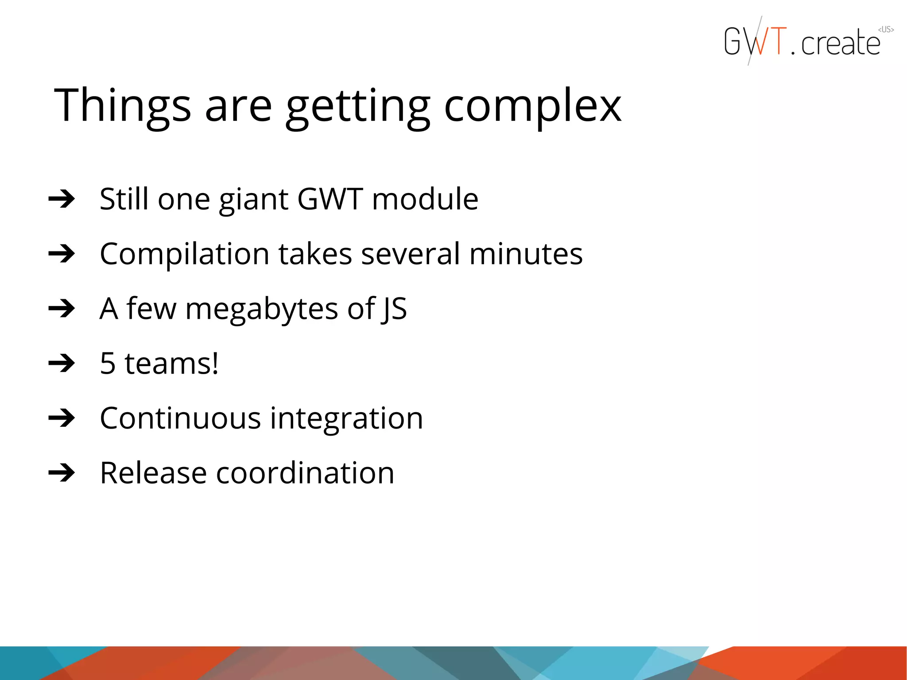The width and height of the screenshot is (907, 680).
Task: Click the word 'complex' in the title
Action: coord(532,106)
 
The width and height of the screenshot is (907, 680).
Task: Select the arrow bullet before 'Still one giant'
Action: coord(62,199)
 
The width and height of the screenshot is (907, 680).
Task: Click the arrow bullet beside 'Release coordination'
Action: coord(62,472)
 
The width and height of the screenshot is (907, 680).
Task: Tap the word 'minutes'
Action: coord(526,255)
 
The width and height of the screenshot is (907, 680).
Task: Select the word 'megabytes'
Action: coord(262,309)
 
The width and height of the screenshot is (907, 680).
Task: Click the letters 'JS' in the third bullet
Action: coord(394,309)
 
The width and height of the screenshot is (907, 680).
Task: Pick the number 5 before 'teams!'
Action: coord(108,363)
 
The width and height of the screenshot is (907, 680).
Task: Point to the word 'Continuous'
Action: coord(180,418)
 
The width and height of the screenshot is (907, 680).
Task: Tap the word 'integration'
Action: coord(346,418)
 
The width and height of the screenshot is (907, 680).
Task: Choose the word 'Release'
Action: coord(153,473)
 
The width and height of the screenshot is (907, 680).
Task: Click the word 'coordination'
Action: coord(305,473)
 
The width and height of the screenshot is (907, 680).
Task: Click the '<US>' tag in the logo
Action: coord(886,30)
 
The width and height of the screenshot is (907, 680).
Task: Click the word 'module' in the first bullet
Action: coord(425,199)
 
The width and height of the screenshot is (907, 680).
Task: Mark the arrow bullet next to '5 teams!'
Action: coord(62,363)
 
